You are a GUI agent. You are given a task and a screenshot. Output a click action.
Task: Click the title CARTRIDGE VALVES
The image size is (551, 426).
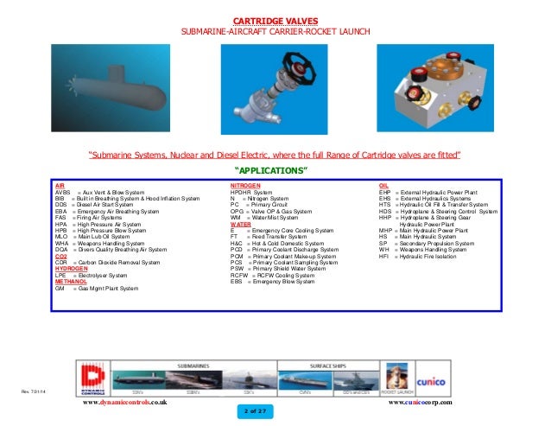click(x=275, y=20)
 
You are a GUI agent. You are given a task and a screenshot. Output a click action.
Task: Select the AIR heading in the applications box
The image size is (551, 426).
click(x=60, y=185)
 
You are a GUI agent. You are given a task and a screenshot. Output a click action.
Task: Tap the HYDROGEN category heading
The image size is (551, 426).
click(x=70, y=269)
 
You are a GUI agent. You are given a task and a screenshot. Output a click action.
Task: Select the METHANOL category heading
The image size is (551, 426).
click(x=70, y=281)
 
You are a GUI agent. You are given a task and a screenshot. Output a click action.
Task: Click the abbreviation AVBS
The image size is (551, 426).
click(x=63, y=191)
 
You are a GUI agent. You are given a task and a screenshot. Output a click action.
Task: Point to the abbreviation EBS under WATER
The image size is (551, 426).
click(x=236, y=281)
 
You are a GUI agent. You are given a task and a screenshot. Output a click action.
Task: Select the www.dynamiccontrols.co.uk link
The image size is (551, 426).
click(x=124, y=404)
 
